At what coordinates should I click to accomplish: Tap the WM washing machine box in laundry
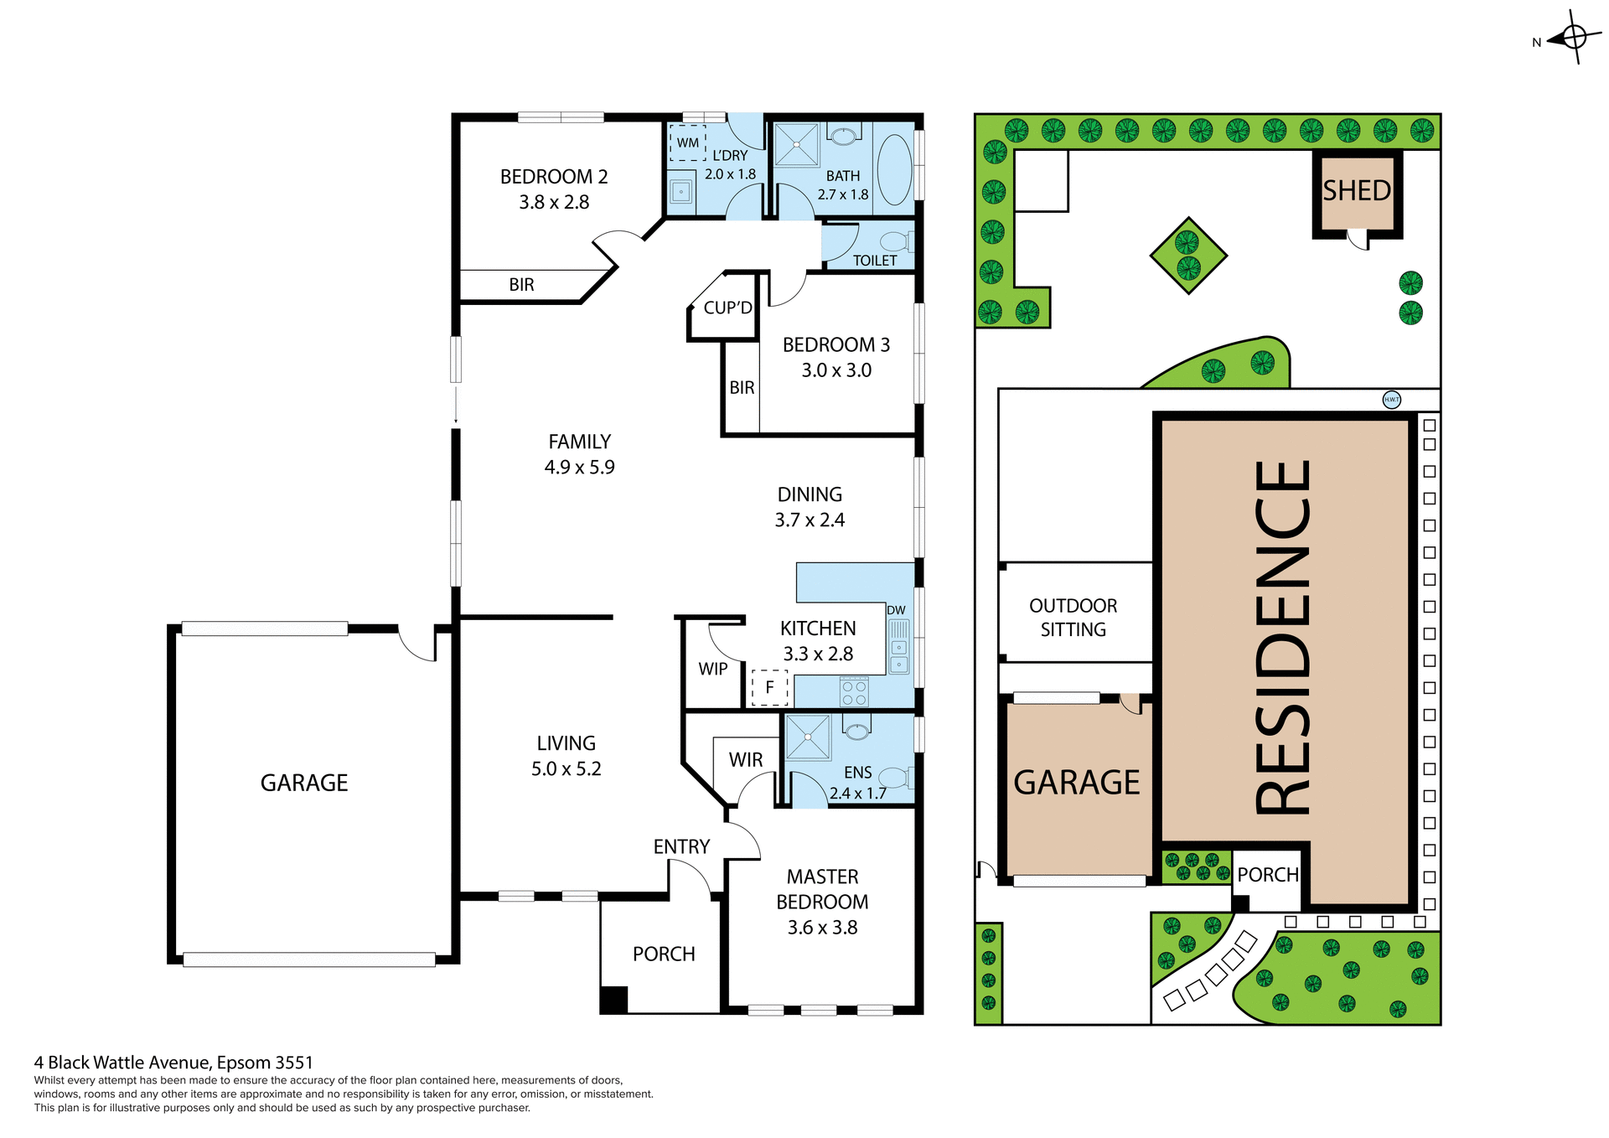pyautogui.click(x=688, y=142)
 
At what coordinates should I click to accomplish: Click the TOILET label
pyautogui.click(x=874, y=261)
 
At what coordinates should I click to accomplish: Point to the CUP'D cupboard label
pyautogui.click(x=727, y=308)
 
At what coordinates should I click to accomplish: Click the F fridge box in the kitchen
pyautogui.click(x=769, y=687)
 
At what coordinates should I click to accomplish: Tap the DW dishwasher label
pyautogui.click(x=896, y=610)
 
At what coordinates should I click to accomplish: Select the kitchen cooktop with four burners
pyautogui.click(x=854, y=692)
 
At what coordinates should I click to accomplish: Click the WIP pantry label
pyautogui.click(x=713, y=669)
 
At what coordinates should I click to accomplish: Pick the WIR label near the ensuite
pyautogui.click(x=745, y=759)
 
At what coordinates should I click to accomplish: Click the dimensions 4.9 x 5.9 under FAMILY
pyautogui.click(x=579, y=468)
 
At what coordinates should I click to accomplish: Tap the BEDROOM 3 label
pyautogui.click(x=836, y=344)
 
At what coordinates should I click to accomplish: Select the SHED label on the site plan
pyautogui.click(x=1357, y=191)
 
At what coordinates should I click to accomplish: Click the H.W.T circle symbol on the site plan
pyautogui.click(x=1391, y=400)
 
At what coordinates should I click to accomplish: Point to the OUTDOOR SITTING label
pyautogui.click(x=1073, y=618)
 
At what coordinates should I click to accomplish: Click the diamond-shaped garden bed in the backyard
pyautogui.click(x=1188, y=256)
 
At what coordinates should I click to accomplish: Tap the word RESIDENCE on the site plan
pyautogui.click(x=1282, y=637)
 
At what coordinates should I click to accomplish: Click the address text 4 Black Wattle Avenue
pyautogui.click(x=173, y=1063)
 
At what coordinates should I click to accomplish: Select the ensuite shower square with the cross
pyautogui.click(x=807, y=737)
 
